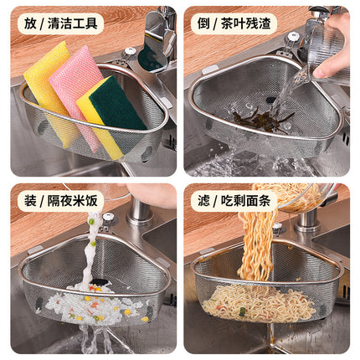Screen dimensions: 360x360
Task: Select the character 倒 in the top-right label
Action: click(203, 23)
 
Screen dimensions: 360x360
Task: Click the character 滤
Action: click(203, 202)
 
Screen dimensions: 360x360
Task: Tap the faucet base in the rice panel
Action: click(138, 213)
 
